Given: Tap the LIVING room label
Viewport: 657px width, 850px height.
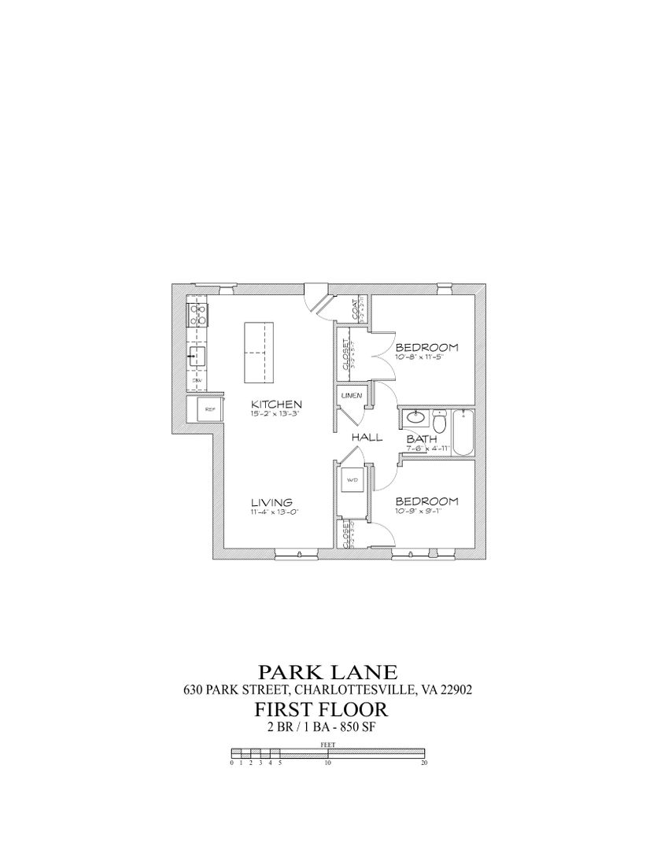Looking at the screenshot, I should tap(271, 502).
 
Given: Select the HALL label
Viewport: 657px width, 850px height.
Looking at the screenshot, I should tap(367, 437).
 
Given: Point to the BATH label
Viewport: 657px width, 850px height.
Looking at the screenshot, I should tap(416, 439).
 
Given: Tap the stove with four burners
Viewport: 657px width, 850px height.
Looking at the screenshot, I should tap(197, 316).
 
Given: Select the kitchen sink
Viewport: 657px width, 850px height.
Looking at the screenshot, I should tap(196, 357).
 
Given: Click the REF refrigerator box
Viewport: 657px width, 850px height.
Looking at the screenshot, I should tap(209, 409).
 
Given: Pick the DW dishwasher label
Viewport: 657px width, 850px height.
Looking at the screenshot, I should tap(196, 380).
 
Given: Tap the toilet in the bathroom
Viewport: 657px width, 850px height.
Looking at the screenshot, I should tap(441, 423).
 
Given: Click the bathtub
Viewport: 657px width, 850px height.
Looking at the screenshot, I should tap(463, 432).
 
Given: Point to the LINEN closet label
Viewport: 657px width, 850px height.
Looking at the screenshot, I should tap(351, 396).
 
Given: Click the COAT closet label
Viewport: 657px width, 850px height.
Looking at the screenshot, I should tap(356, 309).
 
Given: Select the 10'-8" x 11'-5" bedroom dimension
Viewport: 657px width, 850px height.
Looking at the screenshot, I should tap(426, 357).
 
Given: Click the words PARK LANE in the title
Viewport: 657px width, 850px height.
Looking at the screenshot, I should tap(327, 672).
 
